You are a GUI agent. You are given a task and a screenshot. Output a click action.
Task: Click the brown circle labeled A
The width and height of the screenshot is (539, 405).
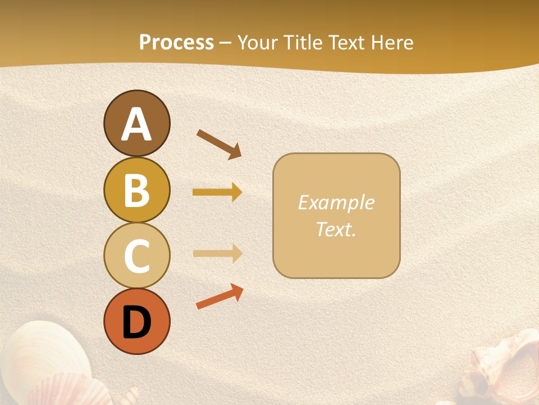point(136,124)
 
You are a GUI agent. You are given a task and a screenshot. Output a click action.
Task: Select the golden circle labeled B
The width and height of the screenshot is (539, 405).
point(136,190)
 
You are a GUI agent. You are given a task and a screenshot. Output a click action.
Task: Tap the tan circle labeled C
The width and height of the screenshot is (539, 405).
point(136,255)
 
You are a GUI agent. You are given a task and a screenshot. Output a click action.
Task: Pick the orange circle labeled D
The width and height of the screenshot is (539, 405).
point(136,321)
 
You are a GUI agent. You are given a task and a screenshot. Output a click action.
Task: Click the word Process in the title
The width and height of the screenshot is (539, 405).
point(176,42)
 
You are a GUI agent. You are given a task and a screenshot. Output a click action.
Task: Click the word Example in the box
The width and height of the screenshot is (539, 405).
point(336,202)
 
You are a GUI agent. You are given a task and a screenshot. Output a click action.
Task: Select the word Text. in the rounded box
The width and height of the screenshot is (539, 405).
point(336,229)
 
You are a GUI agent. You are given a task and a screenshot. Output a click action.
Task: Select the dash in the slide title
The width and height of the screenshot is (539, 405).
point(226,43)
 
